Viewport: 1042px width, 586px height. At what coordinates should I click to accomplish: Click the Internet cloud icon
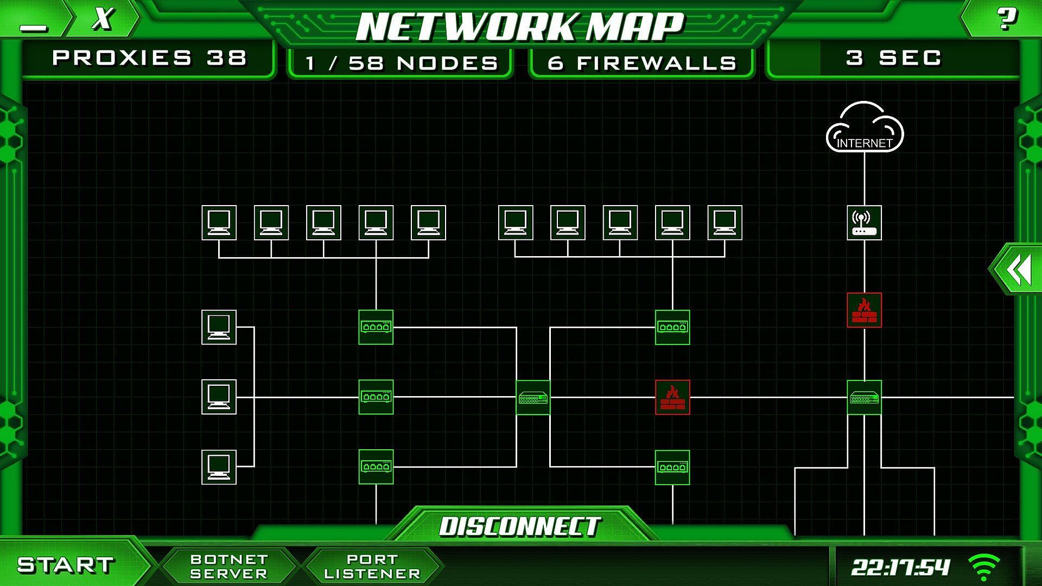(864, 128)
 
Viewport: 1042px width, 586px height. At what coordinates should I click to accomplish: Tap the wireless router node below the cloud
(864, 222)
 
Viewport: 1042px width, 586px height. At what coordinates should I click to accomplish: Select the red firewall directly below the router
(864, 310)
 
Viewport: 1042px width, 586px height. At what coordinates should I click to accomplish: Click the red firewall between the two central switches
(672, 397)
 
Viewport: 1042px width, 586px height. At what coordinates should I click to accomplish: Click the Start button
(66, 565)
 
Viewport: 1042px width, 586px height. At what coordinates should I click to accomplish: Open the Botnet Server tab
(228, 566)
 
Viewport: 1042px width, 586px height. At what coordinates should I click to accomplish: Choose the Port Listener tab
(372, 566)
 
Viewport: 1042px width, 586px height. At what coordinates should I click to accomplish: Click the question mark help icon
(1007, 19)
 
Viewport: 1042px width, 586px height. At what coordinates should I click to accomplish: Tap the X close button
(103, 19)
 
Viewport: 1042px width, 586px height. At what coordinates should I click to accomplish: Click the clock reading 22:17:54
(900, 568)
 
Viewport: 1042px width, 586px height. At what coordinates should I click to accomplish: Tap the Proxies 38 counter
(149, 58)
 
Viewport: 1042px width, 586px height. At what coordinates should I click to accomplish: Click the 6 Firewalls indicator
(641, 63)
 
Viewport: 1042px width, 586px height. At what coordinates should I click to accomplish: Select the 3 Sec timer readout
(893, 58)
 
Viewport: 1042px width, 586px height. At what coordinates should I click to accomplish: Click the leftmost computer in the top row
(219, 222)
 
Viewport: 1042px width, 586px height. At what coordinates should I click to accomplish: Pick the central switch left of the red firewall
(533, 398)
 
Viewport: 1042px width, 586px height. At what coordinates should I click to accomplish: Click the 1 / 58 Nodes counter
(401, 63)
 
